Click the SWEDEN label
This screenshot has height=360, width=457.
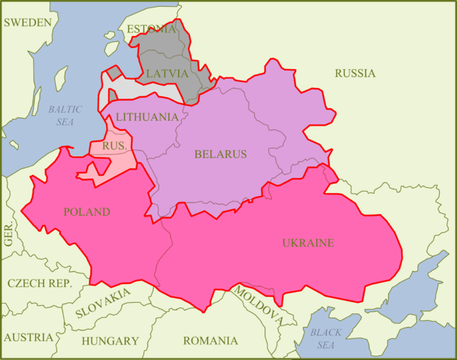tap(29, 22)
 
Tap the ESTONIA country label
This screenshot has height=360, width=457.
tap(153, 29)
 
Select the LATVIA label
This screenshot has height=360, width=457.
tap(167, 74)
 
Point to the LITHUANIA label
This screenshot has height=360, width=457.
tap(147, 117)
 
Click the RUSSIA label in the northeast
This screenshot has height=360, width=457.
tap(355, 73)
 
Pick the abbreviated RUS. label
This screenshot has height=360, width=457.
tap(114, 145)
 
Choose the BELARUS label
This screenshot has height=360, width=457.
tap(220, 154)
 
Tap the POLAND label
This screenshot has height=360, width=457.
tap(86, 212)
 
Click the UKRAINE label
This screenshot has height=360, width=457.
tap(307, 243)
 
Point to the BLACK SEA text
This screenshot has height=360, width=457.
tap(325, 338)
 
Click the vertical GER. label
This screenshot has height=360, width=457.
tap(8, 235)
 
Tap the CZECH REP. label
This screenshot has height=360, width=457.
tap(39, 283)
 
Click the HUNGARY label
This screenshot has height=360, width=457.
tap(110, 340)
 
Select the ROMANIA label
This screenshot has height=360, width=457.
tap(210, 340)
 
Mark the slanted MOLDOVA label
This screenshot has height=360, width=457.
tap(257, 305)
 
